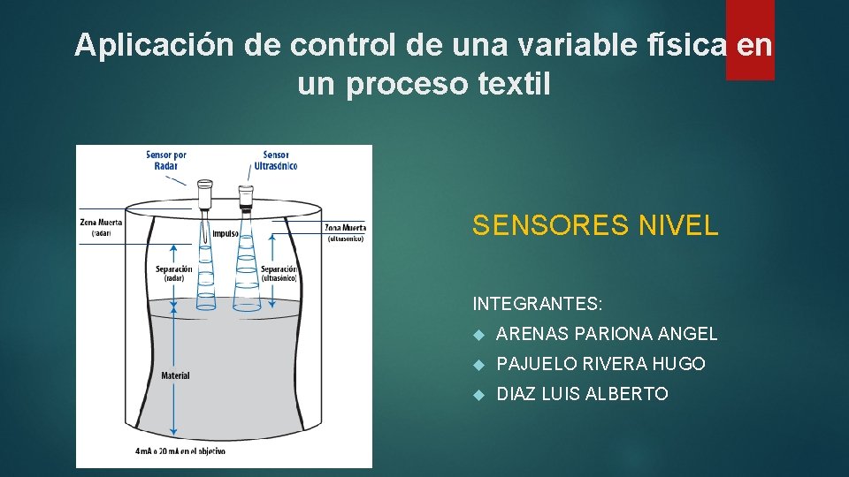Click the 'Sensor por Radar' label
[x=166, y=160]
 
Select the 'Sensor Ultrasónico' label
[x=275, y=160]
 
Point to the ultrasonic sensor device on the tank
[x=246, y=199]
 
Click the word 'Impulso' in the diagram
[x=225, y=234]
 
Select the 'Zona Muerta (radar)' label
[x=100, y=228]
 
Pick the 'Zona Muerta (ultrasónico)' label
[x=345, y=232]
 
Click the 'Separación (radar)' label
[x=173, y=273]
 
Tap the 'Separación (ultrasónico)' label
[x=279, y=273]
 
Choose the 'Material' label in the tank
[x=175, y=375]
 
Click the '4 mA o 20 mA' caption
[x=180, y=451]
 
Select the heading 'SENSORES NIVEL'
[x=595, y=226]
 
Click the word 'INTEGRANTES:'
[x=538, y=305]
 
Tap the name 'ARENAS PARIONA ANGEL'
[x=607, y=334]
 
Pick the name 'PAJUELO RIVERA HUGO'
[x=600, y=364]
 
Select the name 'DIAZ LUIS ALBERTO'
[x=582, y=394]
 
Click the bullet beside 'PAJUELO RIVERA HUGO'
[x=478, y=365]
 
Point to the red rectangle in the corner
[x=750, y=40]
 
